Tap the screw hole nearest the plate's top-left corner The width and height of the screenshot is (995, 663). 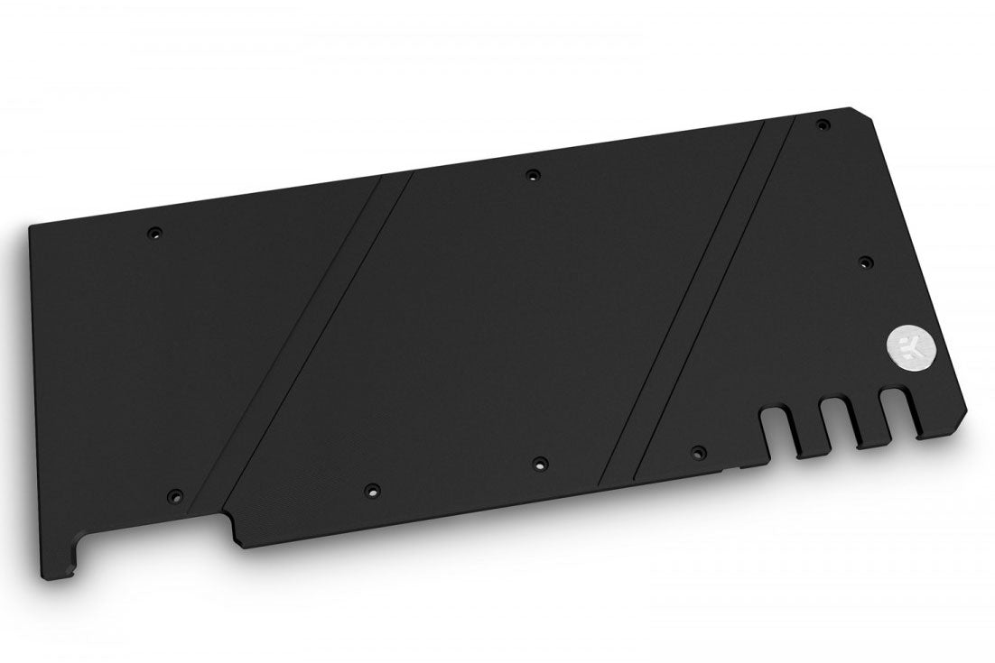point(154,233)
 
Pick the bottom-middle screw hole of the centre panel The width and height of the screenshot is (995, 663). point(539,464)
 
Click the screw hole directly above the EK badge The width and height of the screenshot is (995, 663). point(864,262)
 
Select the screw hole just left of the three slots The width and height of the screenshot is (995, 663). point(696,449)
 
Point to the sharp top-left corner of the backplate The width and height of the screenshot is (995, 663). point(31,226)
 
